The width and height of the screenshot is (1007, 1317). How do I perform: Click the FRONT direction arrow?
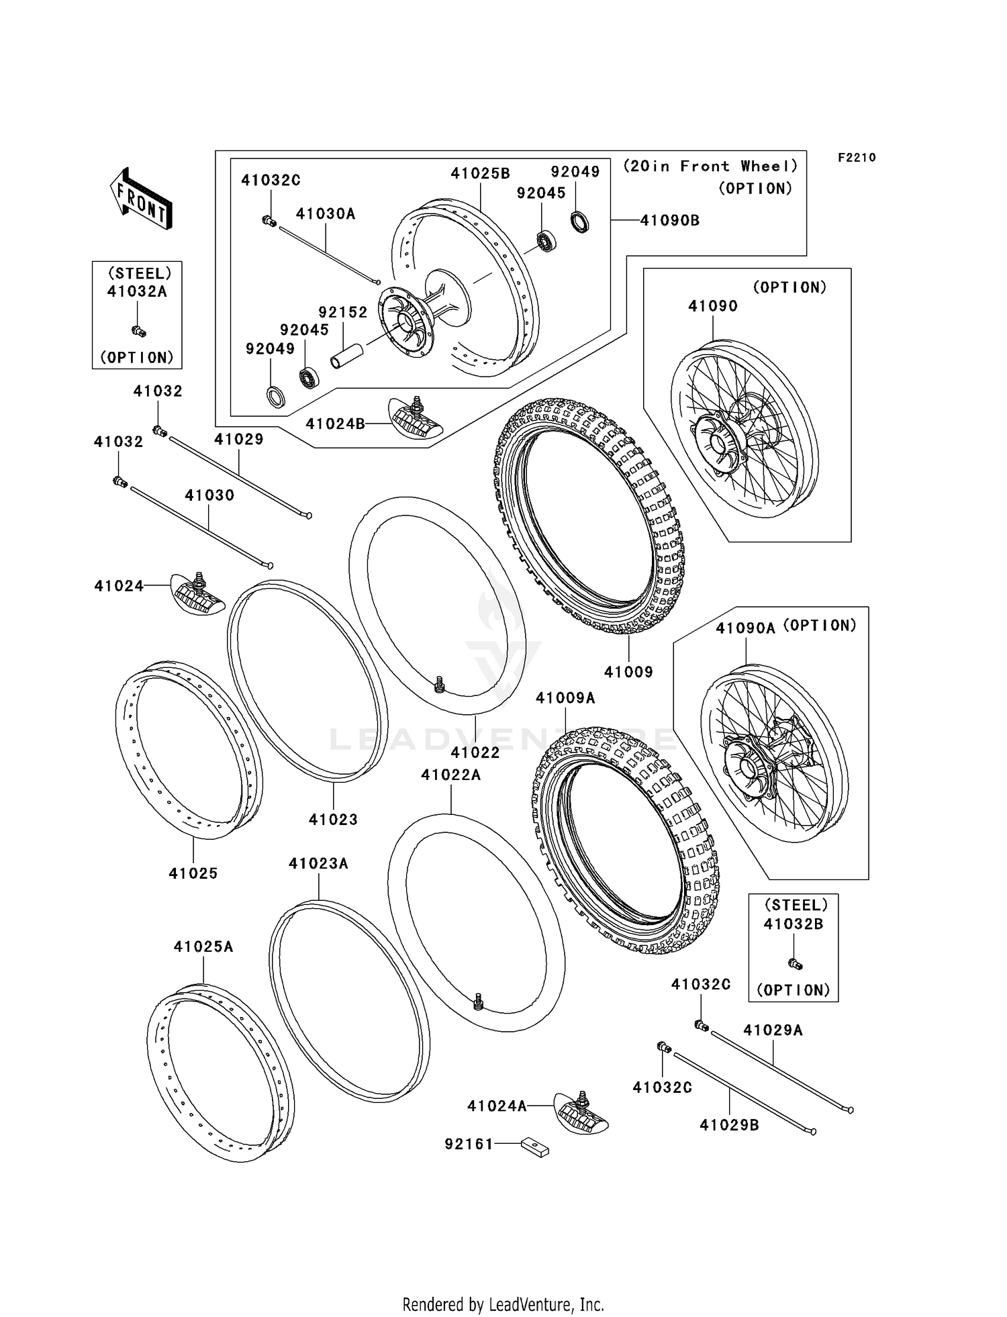point(141,199)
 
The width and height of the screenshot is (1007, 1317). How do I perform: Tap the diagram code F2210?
point(856,158)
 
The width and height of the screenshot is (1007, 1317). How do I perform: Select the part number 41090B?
point(669,220)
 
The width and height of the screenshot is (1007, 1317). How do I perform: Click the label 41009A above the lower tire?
point(565,698)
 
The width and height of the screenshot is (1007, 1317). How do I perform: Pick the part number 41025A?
point(203,946)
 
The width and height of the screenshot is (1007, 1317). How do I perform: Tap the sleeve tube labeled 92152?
point(346,354)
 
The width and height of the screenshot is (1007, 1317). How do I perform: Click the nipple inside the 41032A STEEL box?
point(138,330)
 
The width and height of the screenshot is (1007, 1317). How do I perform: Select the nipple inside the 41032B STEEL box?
point(796,964)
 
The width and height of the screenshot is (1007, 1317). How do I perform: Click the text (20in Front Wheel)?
point(711,166)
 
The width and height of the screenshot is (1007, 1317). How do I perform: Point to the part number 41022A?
point(450,775)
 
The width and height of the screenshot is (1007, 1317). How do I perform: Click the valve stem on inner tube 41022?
point(440,685)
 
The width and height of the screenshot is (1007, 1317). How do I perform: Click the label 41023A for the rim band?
point(318,863)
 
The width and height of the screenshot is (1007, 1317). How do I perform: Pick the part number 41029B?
point(729,1125)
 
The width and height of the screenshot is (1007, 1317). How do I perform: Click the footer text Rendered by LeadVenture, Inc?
point(503,1304)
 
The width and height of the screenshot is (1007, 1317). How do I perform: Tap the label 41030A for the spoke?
point(326,213)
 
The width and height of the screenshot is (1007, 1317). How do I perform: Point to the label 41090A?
point(745,628)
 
